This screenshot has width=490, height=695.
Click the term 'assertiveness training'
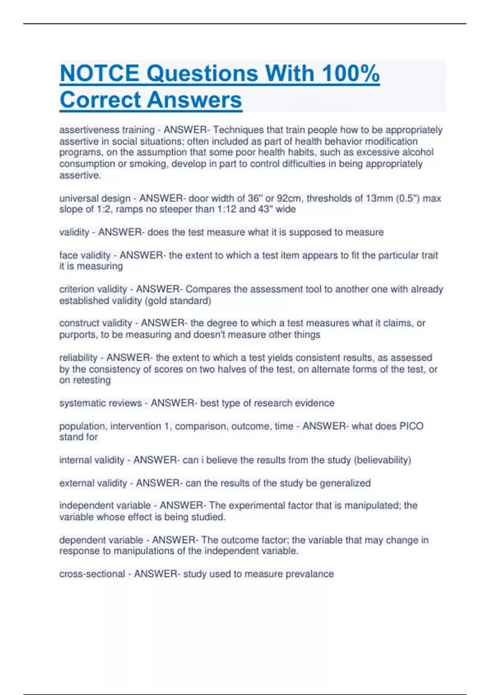[107, 130]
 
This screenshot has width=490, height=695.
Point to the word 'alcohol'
[419, 152]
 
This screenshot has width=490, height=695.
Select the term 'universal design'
[95, 198]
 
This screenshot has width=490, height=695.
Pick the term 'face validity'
[85, 255]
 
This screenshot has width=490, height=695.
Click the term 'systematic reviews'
[100, 403]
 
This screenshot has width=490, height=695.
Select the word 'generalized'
[345, 483]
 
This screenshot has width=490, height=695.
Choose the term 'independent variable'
[105, 506]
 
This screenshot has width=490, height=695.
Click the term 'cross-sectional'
[92, 574]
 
